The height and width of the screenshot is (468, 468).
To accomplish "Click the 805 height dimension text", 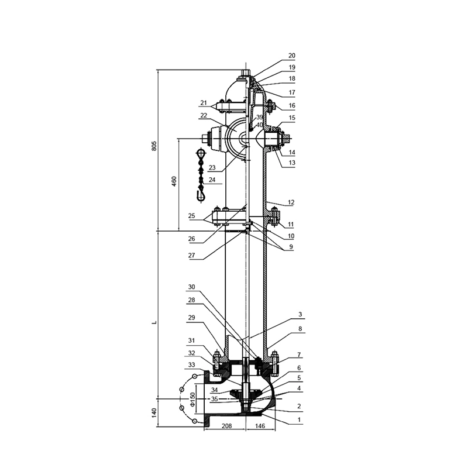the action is (154, 145).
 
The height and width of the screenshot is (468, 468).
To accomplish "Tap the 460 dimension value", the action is (174, 181).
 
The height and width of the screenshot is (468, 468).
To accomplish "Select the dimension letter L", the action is (154, 323).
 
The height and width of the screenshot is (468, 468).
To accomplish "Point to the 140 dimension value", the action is (154, 413).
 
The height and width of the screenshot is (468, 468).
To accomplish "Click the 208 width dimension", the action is (227, 426).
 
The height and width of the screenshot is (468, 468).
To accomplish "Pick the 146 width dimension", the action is (260, 426).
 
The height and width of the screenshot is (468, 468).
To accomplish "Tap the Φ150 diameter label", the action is (192, 399).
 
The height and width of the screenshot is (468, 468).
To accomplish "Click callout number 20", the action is (291, 56).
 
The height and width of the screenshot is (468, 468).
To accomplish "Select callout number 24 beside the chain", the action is (212, 180).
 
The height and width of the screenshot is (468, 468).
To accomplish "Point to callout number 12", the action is (291, 202).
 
